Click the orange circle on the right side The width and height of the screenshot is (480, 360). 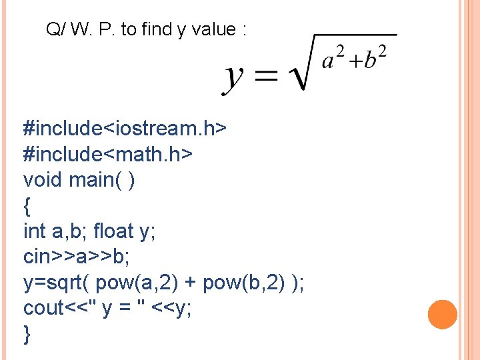443,315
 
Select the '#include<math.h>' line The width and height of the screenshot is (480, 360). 108,153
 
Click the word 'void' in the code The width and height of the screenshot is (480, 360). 43,179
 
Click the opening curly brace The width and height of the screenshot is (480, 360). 27,207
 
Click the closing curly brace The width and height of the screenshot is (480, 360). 27,334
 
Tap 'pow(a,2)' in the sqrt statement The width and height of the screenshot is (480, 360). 135,283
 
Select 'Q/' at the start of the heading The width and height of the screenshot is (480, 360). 55,30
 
